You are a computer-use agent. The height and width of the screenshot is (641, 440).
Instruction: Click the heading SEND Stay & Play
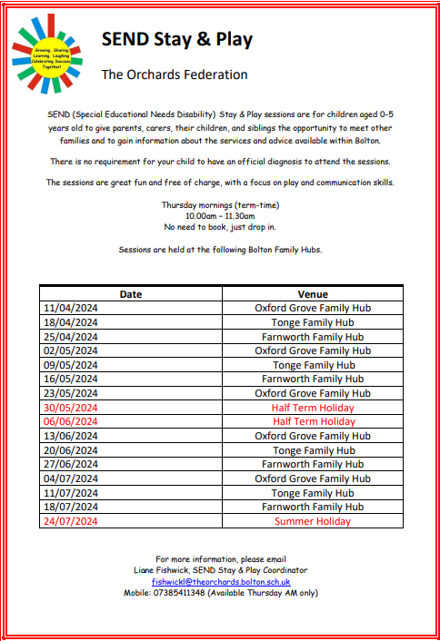pos(176,39)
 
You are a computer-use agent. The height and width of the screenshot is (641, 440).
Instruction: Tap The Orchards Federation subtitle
pos(174,74)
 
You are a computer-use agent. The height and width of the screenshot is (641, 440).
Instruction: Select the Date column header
pos(131,294)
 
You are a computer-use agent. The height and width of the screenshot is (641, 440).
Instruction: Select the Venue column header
pos(313,294)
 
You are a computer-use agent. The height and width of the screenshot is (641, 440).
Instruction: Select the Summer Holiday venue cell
pos(313,521)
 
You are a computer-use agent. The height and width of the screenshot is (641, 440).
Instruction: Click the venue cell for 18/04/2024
pos(313,322)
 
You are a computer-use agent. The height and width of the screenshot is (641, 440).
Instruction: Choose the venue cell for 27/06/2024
pos(313,464)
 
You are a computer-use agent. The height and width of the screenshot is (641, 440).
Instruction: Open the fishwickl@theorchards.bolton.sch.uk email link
pos(221,581)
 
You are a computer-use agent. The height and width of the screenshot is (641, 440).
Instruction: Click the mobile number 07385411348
pos(179,592)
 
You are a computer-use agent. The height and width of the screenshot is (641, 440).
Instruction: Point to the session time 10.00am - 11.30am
pos(221,216)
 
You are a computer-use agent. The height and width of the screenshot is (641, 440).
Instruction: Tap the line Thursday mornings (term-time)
pos(221,205)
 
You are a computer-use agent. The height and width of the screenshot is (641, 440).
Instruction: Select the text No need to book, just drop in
pos(221,226)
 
